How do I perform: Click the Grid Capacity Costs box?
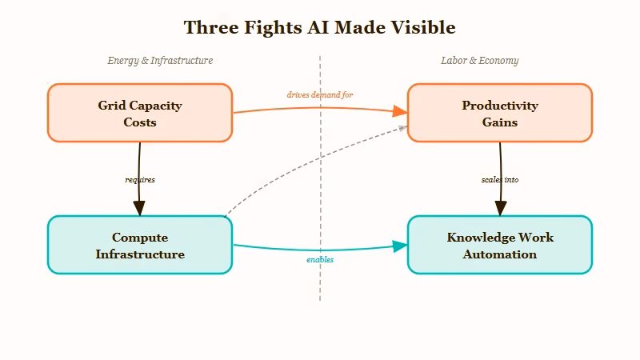click(x=140, y=113)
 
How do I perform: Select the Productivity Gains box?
click(x=500, y=113)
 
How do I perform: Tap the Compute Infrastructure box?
click(x=140, y=245)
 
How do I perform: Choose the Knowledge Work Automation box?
click(x=500, y=245)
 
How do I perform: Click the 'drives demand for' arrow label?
click(x=320, y=94)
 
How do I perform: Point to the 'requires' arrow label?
click(x=140, y=180)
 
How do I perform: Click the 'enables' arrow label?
click(x=320, y=260)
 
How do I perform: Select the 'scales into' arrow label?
click(x=500, y=180)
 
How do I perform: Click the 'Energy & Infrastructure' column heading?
click(x=160, y=61)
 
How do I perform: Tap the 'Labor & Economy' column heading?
click(x=479, y=61)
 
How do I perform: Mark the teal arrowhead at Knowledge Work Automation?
click(x=400, y=246)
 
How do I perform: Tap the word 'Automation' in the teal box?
click(x=500, y=254)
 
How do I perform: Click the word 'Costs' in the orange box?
click(x=140, y=122)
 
